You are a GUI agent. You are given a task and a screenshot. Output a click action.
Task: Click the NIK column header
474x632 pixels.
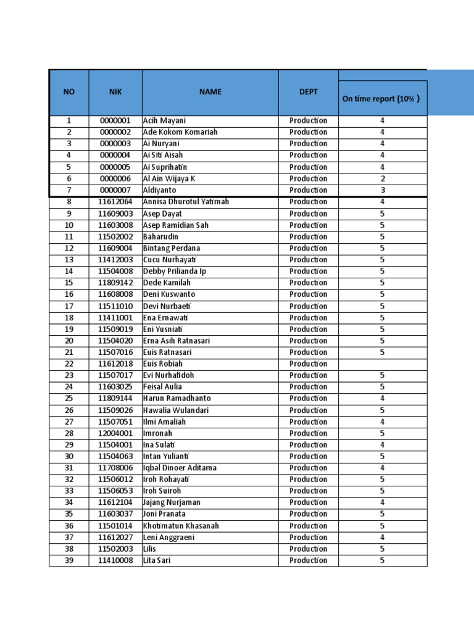tap(115, 92)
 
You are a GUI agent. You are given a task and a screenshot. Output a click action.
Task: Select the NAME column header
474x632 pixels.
tap(210, 92)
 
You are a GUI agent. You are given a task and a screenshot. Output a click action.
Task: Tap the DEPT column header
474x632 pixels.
tap(308, 92)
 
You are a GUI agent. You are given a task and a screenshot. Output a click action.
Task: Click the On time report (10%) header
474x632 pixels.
tap(381, 99)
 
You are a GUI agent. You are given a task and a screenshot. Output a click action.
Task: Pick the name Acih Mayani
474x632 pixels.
tap(164, 121)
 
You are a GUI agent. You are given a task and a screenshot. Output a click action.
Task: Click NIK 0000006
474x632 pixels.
tap(115, 179)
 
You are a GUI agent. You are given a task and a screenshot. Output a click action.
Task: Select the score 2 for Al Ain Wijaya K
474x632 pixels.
tap(382, 179)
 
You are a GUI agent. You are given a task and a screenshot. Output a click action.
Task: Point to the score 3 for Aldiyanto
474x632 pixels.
tap(382, 191)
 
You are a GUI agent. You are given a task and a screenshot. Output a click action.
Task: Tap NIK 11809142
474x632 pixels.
tap(115, 283)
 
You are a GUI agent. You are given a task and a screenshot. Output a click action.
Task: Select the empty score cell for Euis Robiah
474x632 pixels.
tap(382, 364)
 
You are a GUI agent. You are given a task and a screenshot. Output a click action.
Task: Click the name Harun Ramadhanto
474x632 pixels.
tap(177, 399)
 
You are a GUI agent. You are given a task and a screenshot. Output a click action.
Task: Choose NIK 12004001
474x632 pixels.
tap(115, 433)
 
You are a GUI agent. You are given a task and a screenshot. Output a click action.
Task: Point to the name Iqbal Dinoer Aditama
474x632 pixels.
tap(180, 468)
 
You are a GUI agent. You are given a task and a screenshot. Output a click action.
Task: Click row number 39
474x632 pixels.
tap(69, 561)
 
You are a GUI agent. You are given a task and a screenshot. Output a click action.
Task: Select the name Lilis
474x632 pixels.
tap(151, 549)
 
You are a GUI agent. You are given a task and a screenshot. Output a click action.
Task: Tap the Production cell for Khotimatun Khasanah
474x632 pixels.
tap(308, 526)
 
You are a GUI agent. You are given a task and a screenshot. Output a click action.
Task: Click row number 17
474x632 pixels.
tap(69, 307)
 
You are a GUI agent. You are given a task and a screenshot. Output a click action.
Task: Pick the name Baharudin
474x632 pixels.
tap(160, 237)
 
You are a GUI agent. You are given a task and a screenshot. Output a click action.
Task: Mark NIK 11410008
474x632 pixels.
tap(115, 561)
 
